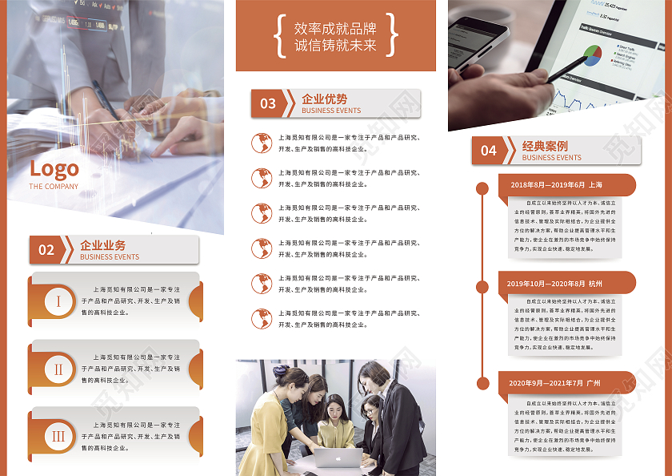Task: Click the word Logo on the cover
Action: coord(54,169)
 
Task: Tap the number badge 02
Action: coord(46,250)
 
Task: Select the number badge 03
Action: coord(268,103)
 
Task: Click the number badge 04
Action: coord(488,151)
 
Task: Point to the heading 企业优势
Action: coord(325,99)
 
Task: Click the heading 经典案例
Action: coord(545,146)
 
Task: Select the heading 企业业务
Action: coord(103,244)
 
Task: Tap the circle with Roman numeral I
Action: coord(58,301)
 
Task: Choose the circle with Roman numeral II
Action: coord(58,369)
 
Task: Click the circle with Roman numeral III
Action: coord(58,437)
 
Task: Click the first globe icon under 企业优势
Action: coord(261,143)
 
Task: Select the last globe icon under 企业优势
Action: coord(261,319)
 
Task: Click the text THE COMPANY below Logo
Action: coord(54,187)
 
